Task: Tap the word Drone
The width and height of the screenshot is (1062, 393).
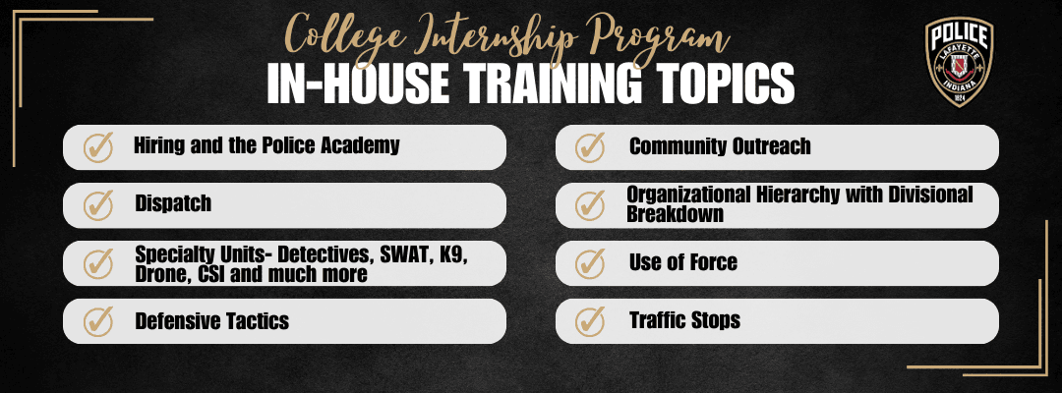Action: (159, 273)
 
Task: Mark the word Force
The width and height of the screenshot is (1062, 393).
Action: (710, 262)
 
